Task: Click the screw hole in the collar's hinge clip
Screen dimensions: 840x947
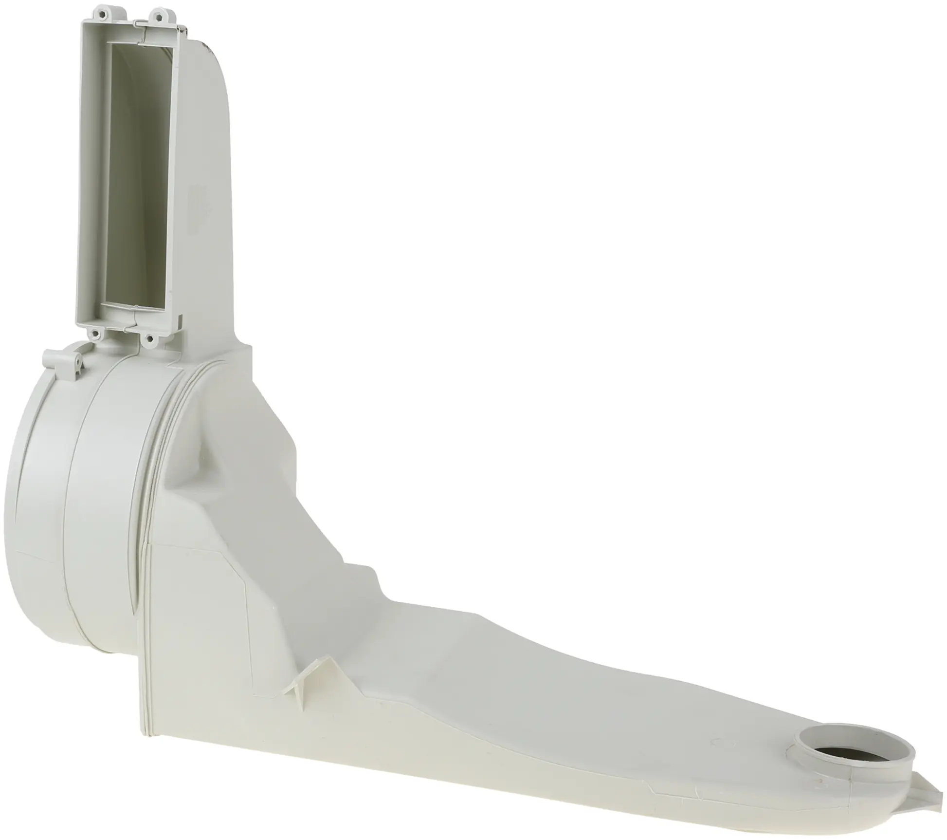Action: (x=77, y=360)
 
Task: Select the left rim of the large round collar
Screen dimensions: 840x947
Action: (x=19, y=487)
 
